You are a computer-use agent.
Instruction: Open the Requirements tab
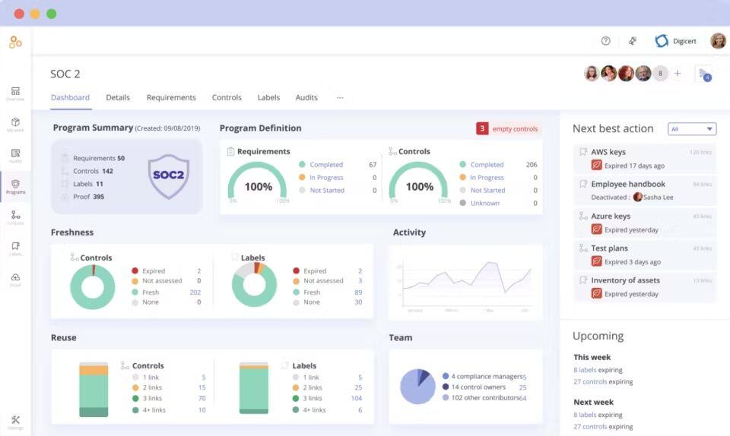pyautogui.click(x=171, y=97)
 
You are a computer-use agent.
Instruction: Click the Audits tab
pyautogui.click(x=306, y=97)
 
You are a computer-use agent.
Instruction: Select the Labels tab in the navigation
pyautogui.click(x=268, y=97)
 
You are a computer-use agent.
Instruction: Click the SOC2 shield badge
pyautogui.click(x=168, y=175)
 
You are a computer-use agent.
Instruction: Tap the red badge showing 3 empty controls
pyautogui.click(x=482, y=128)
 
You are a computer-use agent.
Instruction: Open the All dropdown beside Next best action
pyautogui.click(x=692, y=129)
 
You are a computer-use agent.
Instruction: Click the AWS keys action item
pyautogui.click(x=608, y=152)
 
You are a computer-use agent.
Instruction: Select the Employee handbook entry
pyautogui.click(x=627, y=184)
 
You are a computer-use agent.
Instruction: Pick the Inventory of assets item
pyautogui.click(x=625, y=280)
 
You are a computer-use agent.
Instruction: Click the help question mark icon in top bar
pyautogui.click(x=606, y=41)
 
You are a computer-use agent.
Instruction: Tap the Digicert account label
pyautogui.click(x=684, y=41)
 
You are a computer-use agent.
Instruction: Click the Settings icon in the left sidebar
pyautogui.click(x=15, y=421)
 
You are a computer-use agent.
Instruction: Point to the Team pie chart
pyautogui.click(x=417, y=386)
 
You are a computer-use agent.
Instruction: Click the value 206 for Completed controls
pyautogui.click(x=531, y=165)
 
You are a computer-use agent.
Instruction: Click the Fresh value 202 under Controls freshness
pyautogui.click(x=195, y=292)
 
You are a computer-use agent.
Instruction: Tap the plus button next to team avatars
pyautogui.click(x=678, y=74)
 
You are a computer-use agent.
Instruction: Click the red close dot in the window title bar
pyautogui.click(x=19, y=14)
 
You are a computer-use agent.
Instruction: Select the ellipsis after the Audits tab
pyautogui.click(x=340, y=97)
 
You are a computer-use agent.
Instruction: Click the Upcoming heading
pyautogui.click(x=598, y=336)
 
